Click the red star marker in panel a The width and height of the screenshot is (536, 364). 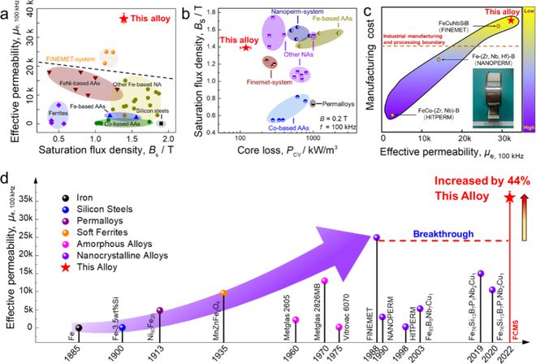pos(123,17)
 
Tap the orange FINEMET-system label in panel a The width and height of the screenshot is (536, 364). pos(71,58)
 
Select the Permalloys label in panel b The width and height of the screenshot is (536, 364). pos(335,103)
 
